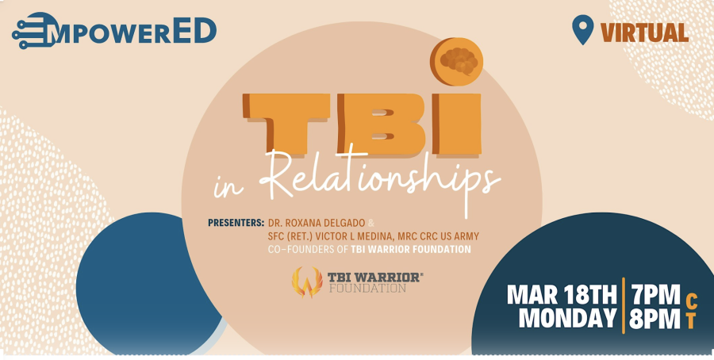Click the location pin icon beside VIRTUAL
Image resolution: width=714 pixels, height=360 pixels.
click(582, 29)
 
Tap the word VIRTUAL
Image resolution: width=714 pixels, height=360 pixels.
click(644, 33)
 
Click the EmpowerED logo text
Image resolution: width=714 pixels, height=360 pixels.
click(114, 31)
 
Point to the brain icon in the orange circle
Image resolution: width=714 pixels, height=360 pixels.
click(459, 60)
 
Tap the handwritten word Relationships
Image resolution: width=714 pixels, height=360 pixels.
click(379, 180)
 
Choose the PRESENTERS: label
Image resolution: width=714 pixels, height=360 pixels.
click(236, 223)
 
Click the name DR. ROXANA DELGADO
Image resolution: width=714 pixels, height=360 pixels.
click(317, 223)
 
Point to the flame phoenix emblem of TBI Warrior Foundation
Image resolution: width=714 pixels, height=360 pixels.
click(307, 282)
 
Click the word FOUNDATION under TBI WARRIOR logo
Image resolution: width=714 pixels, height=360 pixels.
click(367, 288)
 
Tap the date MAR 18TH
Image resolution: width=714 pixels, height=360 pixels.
click(562, 295)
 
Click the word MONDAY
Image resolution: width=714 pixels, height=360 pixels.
click(568, 318)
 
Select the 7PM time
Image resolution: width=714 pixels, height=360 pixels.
click(654, 295)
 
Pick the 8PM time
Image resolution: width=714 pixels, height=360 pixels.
click(654, 318)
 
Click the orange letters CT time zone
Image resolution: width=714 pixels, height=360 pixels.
click(691, 312)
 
